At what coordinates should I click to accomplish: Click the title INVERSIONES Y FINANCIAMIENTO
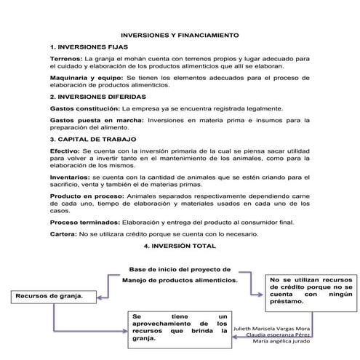point(179,34)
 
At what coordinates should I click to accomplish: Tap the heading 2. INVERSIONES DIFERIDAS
point(98,96)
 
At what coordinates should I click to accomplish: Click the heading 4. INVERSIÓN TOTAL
point(179,246)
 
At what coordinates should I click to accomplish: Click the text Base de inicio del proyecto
point(180,268)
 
